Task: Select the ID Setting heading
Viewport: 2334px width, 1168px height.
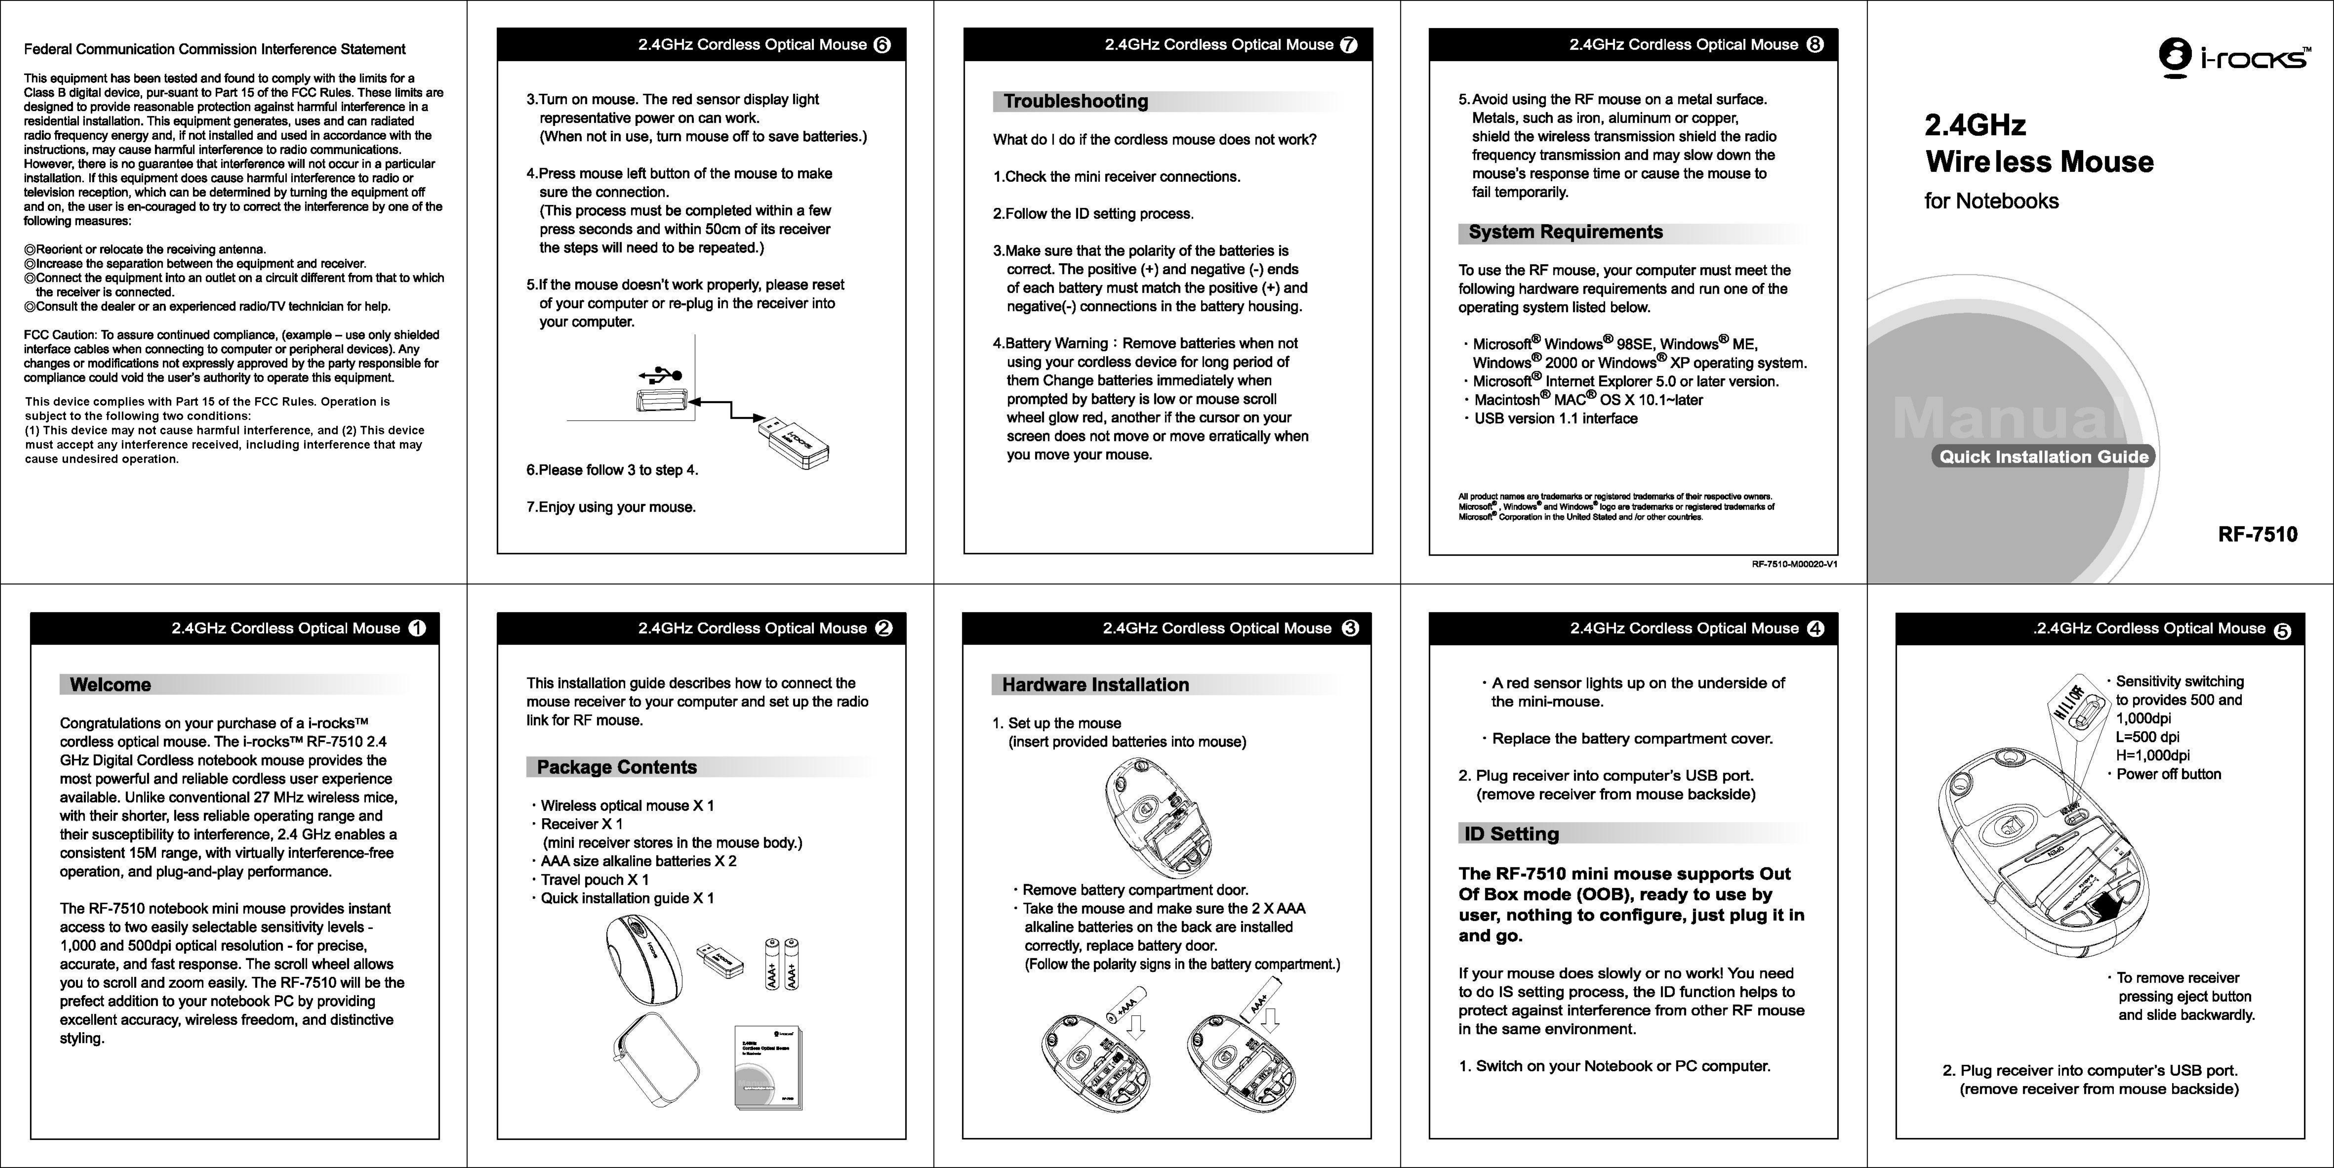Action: (1511, 834)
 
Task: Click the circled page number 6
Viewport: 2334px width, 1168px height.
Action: (882, 45)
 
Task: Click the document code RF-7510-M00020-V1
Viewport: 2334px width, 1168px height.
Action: (1794, 564)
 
